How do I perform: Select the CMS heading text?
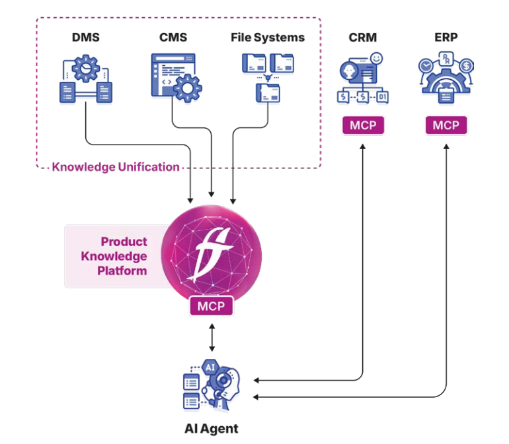(x=172, y=38)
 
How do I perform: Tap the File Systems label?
(x=268, y=38)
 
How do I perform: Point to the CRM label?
(x=363, y=38)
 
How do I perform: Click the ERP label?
(x=446, y=38)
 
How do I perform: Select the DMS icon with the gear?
(x=87, y=80)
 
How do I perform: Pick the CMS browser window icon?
(x=173, y=77)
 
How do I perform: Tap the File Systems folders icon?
(x=268, y=77)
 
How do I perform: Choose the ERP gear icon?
(x=446, y=78)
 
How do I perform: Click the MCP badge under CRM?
(x=363, y=125)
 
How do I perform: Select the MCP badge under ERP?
(x=446, y=125)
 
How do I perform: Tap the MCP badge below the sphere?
(x=211, y=307)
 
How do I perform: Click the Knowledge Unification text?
(x=116, y=167)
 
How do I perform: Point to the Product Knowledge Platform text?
(x=123, y=256)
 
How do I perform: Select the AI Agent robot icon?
(x=211, y=385)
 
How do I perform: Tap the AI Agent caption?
(x=211, y=429)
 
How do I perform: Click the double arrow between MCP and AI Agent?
(x=211, y=337)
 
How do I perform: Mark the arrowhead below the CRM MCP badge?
(x=363, y=146)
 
